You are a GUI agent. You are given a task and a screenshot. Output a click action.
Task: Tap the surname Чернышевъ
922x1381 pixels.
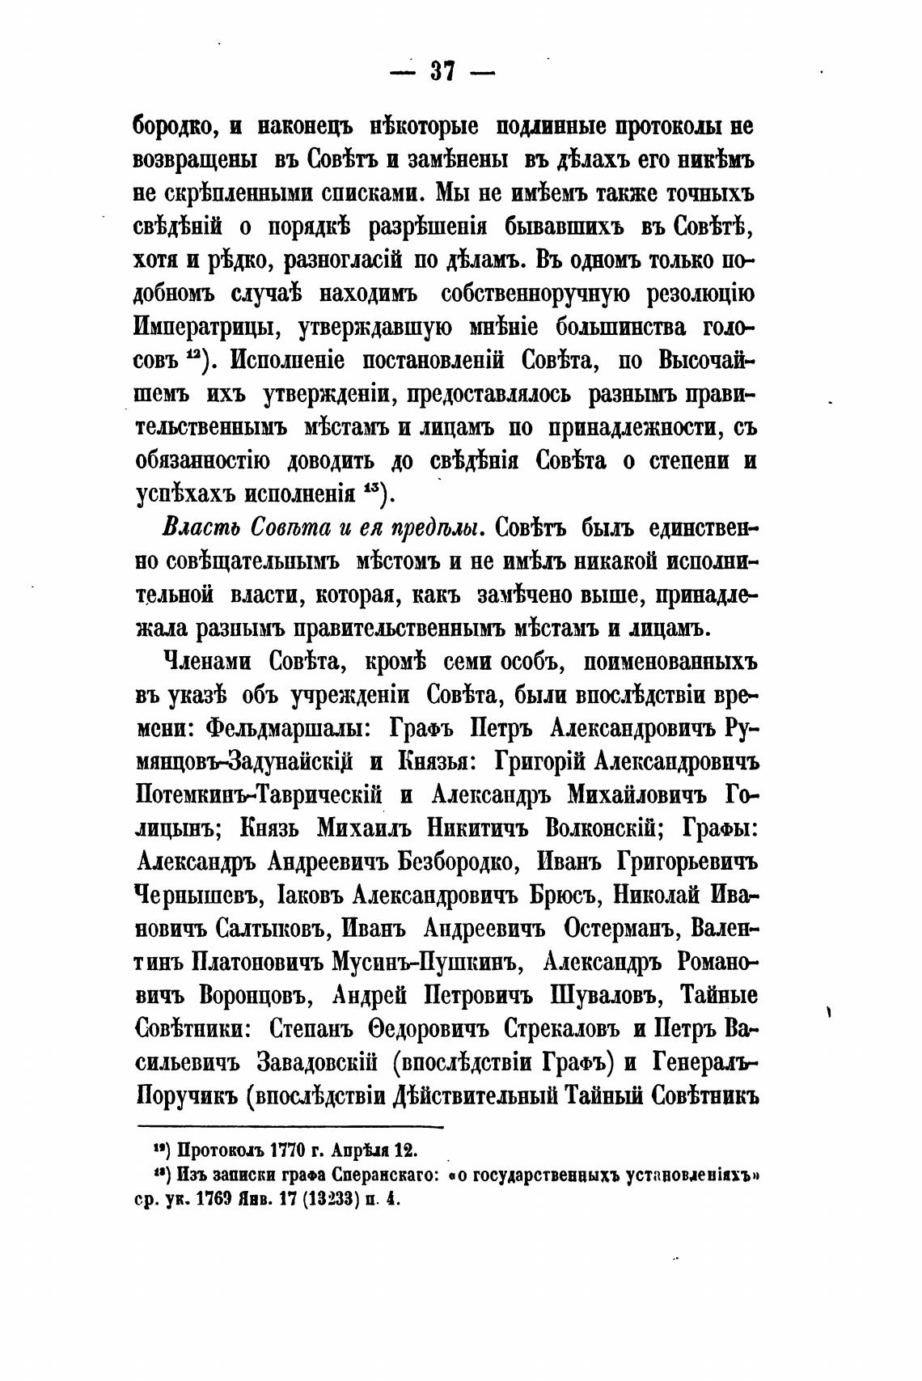pyautogui.click(x=197, y=896)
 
